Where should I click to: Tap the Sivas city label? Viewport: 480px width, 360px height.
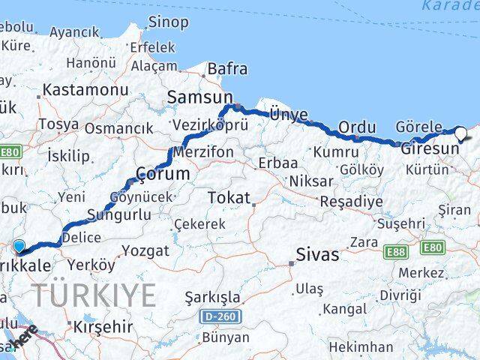coord(317,254)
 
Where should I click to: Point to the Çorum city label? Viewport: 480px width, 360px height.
coord(162,174)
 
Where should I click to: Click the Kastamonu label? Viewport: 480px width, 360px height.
coord(85,90)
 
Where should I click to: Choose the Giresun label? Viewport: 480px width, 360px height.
coord(430,148)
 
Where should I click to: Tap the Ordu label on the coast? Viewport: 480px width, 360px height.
coord(356,127)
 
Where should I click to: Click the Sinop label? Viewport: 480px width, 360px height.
coord(169,22)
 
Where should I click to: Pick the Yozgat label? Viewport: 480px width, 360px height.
coord(145,251)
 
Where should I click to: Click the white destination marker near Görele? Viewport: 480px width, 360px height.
coord(460,134)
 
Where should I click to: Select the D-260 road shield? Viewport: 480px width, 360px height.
coord(220,317)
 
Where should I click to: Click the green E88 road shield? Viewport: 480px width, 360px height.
coord(395,252)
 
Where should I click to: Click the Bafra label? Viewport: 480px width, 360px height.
coord(227,69)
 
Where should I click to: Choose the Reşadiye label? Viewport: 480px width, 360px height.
coord(351,202)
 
